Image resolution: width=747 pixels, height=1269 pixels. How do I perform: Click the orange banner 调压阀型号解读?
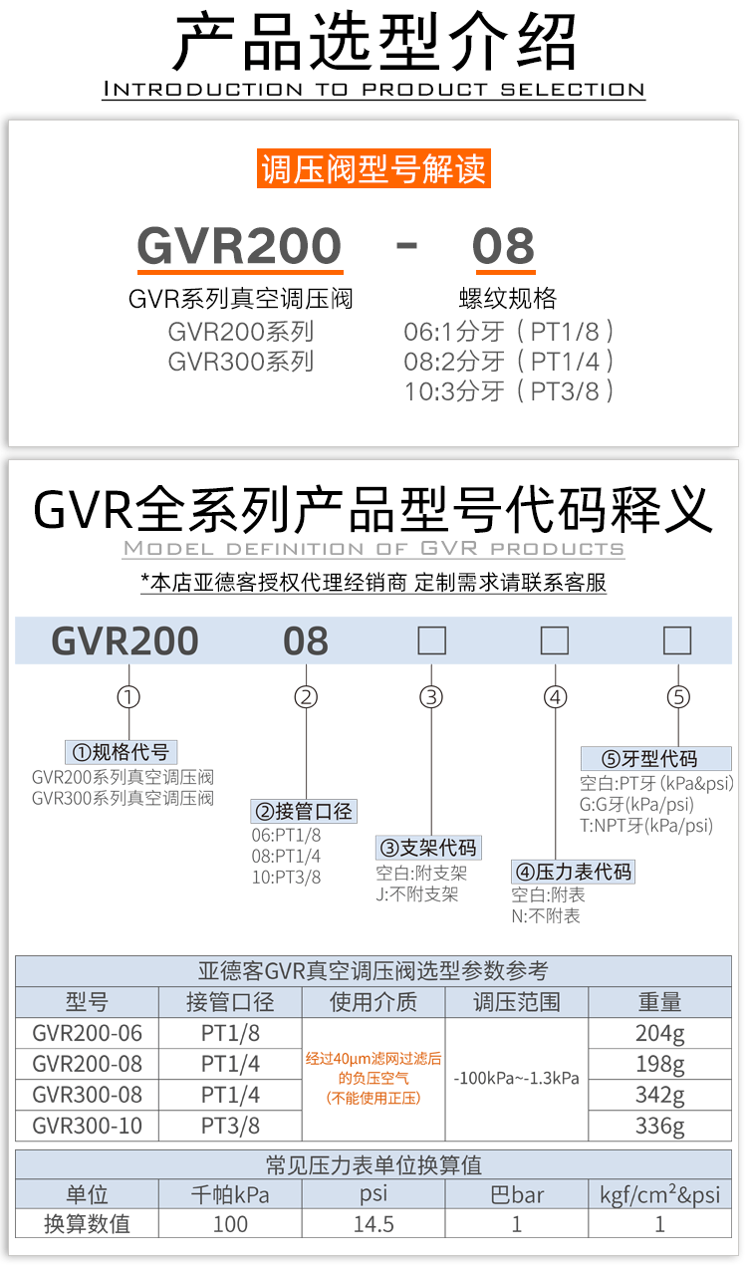pos(373,168)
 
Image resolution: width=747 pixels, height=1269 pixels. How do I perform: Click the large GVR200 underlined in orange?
pos(239,246)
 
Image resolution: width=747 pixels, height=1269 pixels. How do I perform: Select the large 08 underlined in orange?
pos(503,246)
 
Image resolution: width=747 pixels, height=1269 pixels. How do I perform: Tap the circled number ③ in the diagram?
pos(430,697)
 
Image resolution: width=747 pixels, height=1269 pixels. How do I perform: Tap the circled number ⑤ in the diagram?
pos(678,697)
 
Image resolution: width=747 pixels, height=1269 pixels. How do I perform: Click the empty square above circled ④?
pos(555,640)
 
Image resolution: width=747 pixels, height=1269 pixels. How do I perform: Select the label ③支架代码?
pos(428,848)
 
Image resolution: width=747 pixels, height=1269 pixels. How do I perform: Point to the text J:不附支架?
pos(417,894)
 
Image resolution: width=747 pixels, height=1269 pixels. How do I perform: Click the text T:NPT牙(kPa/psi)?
pos(646,825)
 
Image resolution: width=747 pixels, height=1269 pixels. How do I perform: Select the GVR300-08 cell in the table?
pos(88,1095)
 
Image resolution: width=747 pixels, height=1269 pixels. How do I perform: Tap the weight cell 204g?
pos(660,1033)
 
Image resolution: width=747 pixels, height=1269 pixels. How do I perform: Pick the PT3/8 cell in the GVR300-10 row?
pos(230,1126)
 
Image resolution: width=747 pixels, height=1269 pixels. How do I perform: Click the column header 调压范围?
pos(517,1002)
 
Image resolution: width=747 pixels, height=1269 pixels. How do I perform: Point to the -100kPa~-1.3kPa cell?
pos(517,1079)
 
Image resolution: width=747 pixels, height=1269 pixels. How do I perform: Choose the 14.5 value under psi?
pos(373,1224)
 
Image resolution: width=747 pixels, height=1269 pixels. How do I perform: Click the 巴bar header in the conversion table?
pos(517,1194)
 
